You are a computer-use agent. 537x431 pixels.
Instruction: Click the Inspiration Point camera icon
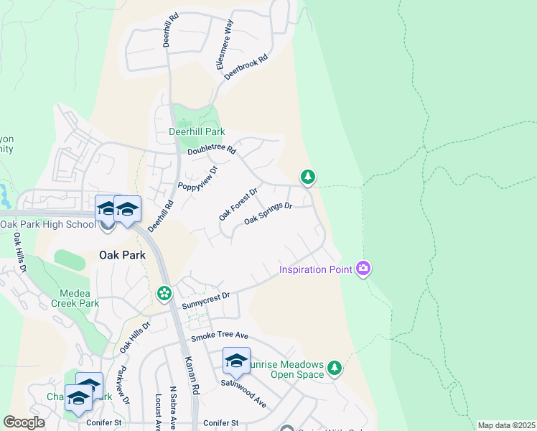pos(363,269)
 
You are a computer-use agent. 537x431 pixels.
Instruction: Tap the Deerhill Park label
pos(197,131)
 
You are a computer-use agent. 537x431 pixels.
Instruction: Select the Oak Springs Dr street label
pos(268,213)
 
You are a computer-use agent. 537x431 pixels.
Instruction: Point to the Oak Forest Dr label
pos(238,204)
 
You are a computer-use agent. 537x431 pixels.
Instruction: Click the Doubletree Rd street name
pos(212,151)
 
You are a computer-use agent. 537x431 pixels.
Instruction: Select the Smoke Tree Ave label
pos(219,336)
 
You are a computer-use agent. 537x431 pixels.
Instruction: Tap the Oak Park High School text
pos(47,224)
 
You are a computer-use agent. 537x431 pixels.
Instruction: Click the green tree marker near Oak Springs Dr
pos(308,176)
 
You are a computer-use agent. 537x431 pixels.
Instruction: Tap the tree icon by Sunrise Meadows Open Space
pos(334,368)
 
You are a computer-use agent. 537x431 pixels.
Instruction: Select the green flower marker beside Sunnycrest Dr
pos(164,292)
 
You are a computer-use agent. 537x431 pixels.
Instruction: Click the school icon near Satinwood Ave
pos(236,361)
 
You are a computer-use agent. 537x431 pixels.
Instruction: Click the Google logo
pos(24,422)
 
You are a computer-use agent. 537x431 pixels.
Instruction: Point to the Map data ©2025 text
pos(506,425)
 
